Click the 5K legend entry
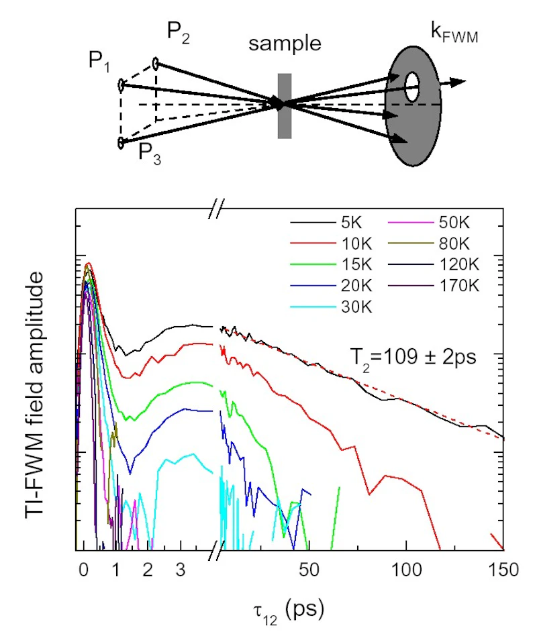(x=326, y=223)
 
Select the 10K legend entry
(x=331, y=244)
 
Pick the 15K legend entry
(x=331, y=264)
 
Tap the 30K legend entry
(x=331, y=307)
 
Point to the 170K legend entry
(x=434, y=286)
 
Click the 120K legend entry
(x=434, y=264)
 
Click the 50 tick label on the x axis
(x=309, y=570)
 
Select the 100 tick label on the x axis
(x=406, y=570)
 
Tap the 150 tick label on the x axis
(x=503, y=570)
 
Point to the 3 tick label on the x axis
(x=181, y=570)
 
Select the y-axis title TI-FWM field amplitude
(x=34, y=394)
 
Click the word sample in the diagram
(x=285, y=44)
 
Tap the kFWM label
(x=454, y=33)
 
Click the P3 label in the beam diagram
(x=150, y=154)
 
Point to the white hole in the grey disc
(x=412, y=87)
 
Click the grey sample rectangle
(x=285, y=106)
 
